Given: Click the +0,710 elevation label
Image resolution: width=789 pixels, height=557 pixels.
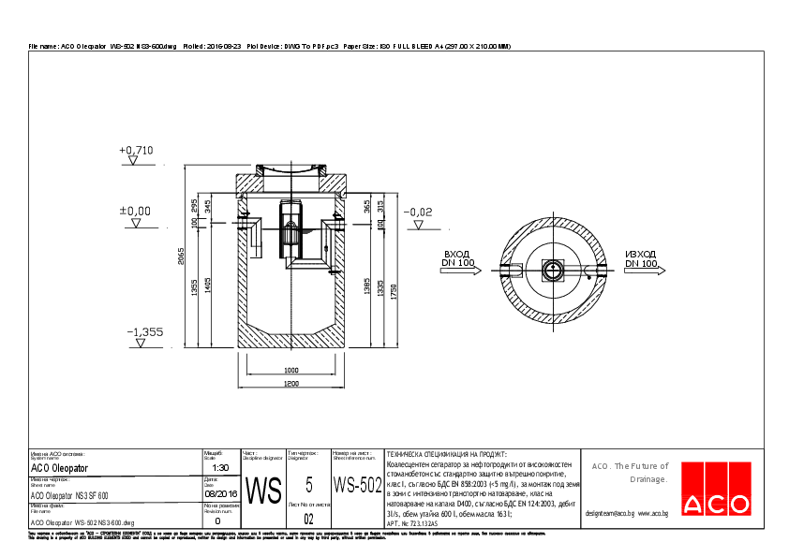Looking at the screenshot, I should (x=136, y=150).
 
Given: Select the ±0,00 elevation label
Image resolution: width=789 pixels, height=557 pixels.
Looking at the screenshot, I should (x=135, y=211).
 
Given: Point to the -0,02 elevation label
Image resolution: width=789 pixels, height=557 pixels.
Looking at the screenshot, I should (x=417, y=213).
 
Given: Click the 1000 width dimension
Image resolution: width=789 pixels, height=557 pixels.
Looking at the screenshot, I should (x=290, y=370).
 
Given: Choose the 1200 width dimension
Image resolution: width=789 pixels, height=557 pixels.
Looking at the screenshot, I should (x=290, y=384).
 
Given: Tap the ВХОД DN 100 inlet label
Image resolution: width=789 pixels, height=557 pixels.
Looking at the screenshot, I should (x=457, y=258).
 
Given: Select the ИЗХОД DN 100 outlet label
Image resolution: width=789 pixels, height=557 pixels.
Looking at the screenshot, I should (x=641, y=258).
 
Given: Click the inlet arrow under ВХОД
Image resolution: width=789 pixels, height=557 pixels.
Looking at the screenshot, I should (x=465, y=271).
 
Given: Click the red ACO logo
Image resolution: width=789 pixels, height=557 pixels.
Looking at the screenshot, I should (x=715, y=505).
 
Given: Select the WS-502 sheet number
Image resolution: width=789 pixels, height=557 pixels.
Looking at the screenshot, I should (x=358, y=486).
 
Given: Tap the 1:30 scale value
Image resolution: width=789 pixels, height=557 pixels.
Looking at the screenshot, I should (x=221, y=467).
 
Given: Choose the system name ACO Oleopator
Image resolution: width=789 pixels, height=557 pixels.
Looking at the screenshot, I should (x=60, y=467).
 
